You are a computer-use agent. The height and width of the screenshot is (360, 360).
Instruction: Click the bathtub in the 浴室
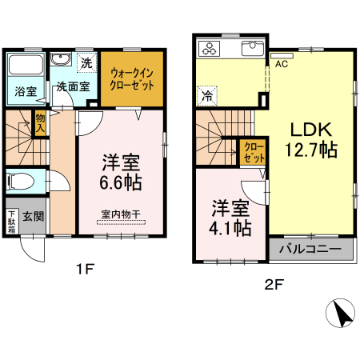pos(26,65)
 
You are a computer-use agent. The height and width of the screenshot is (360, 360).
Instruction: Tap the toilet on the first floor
pos(21,182)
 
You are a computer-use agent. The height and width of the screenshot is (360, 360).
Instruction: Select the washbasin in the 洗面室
pos(61,60)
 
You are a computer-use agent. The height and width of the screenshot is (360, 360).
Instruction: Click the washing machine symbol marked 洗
pos(86,62)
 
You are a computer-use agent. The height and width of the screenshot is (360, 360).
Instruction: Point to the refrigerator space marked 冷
pos(207,96)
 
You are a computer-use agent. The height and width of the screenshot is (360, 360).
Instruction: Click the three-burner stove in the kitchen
pos(209,49)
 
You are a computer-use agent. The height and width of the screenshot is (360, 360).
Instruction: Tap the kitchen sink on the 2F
pos(252,48)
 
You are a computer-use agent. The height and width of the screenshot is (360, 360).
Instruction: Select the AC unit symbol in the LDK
pos(282,56)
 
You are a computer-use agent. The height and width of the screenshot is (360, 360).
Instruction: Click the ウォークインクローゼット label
pos(132,79)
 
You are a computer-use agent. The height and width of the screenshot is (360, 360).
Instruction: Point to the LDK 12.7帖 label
pos(311,139)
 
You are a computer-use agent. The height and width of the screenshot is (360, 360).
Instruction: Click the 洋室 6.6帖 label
pos(121,173)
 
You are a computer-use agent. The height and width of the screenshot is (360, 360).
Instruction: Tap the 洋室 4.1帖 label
pos(230,218)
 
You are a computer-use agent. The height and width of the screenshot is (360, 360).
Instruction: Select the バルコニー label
pos(310,249)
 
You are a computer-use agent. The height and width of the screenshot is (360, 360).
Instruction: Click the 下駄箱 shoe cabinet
pos(12,222)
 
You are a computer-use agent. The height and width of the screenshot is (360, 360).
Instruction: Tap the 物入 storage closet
pos(40,123)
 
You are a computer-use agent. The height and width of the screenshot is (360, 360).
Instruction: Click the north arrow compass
pos(340,313)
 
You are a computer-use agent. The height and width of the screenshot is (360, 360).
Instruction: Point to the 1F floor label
pos(85,269)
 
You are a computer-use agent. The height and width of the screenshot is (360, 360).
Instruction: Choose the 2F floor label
pos(274,284)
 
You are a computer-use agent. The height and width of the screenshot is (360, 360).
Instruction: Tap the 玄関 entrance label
pos(33,216)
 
